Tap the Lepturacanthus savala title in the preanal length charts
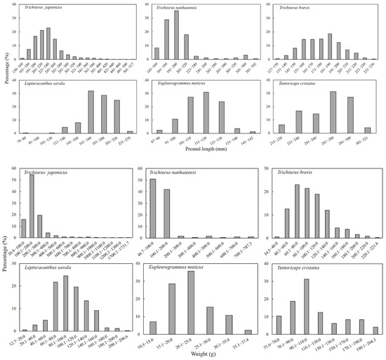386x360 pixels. (x=43, y=75)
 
